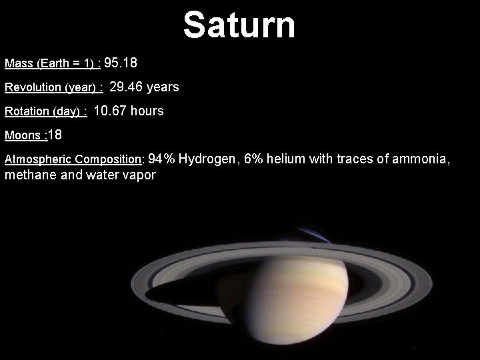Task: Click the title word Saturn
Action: pos(239,25)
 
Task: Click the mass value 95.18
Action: pos(121,63)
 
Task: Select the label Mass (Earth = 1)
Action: pos(52,64)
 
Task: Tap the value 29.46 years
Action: pos(144,87)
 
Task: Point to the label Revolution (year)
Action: pos(53,88)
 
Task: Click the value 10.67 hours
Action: pos(129,111)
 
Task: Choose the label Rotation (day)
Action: pos(45,112)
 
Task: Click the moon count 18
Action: pos(55,135)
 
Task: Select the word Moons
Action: pos(23,136)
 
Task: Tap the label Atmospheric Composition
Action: pos(73,160)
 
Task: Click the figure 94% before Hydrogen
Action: pos(161,159)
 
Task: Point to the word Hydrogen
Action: pos(206,159)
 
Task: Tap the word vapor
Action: pos(140,176)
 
